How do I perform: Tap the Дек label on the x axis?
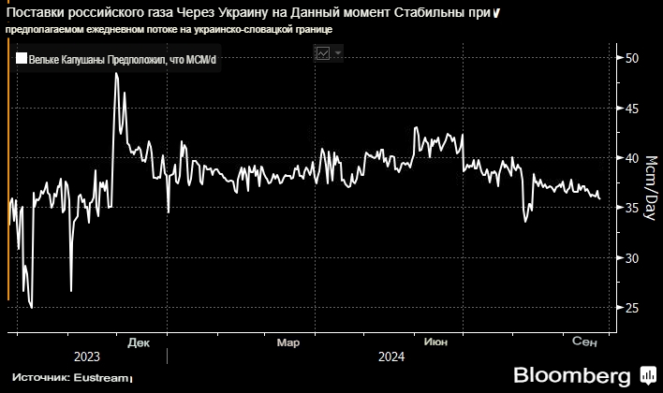[x=139, y=342]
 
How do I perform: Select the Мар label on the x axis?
[x=288, y=342]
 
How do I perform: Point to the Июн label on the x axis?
[x=435, y=342]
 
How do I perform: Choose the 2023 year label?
[x=85, y=357]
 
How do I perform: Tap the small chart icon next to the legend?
[x=322, y=54]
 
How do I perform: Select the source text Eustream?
[x=100, y=378]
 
